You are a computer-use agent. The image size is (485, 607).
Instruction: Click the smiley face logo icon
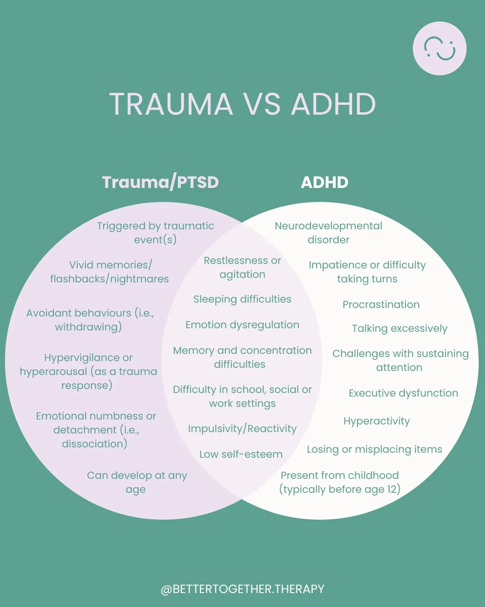tap(440, 49)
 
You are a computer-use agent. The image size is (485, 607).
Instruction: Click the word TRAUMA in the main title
tap(171, 104)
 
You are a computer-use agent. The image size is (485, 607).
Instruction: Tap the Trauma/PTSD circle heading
tap(160, 183)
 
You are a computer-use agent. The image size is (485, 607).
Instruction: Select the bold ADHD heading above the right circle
tap(324, 183)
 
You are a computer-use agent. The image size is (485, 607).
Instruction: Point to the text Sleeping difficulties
tap(242, 299)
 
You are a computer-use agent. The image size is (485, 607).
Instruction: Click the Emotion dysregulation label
tap(242, 325)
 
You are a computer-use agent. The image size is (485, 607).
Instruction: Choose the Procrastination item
tap(381, 305)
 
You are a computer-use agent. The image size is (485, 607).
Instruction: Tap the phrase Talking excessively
tap(399, 329)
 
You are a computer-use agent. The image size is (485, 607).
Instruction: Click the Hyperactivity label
tap(376, 421)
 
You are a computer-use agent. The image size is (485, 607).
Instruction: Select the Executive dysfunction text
tap(403, 393)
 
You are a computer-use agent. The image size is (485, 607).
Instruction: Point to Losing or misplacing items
tap(374, 450)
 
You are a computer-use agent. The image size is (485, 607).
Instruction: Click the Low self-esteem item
tap(241, 455)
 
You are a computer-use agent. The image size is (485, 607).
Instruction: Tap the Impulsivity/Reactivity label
tap(242, 429)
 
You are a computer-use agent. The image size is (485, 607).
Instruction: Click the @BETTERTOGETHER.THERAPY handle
tap(242, 589)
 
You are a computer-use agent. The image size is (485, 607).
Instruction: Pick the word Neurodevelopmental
tap(328, 226)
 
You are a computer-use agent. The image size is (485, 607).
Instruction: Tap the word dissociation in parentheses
tap(94, 444)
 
